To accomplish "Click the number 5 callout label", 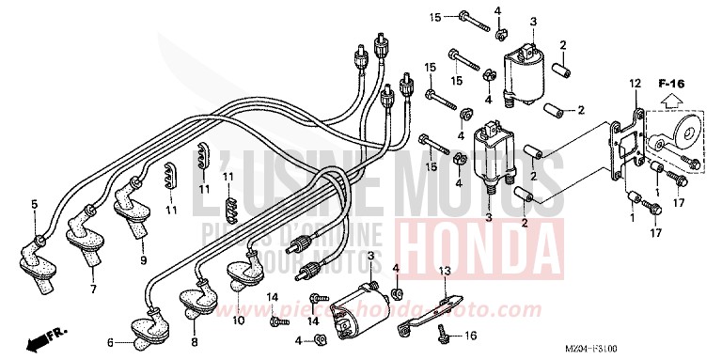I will pos(34,203).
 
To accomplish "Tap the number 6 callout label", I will pos(110,342).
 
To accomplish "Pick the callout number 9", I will pos(143,259).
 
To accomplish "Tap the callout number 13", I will pos(444,270).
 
